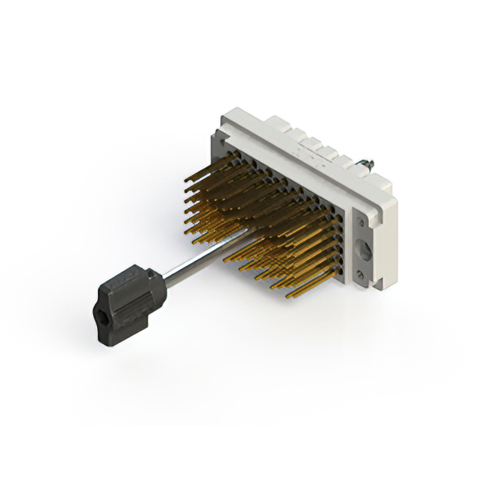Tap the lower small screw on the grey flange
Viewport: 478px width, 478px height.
pyautogui.click(x=361, y=277)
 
